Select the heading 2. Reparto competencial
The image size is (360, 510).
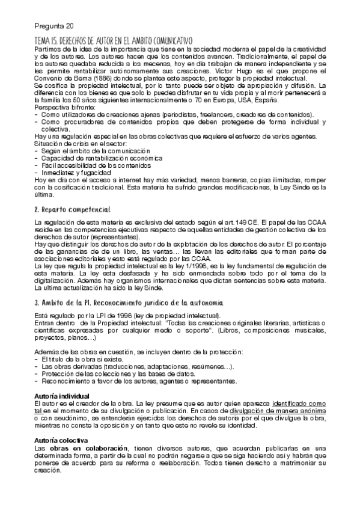72,210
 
